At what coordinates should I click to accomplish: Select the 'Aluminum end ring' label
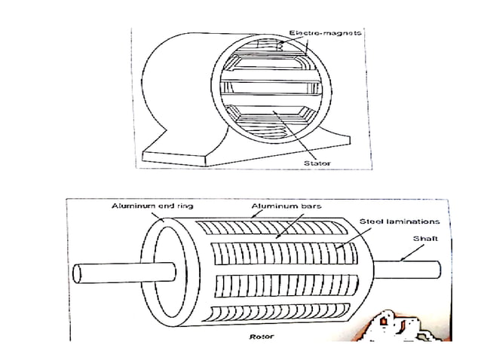145,205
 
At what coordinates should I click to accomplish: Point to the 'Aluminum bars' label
276,205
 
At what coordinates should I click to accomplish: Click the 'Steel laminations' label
400,222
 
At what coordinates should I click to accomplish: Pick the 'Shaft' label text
419,239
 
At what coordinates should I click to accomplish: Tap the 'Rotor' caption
262,337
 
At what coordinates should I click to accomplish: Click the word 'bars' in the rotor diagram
295,205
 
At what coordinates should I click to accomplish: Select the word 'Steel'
371,222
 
